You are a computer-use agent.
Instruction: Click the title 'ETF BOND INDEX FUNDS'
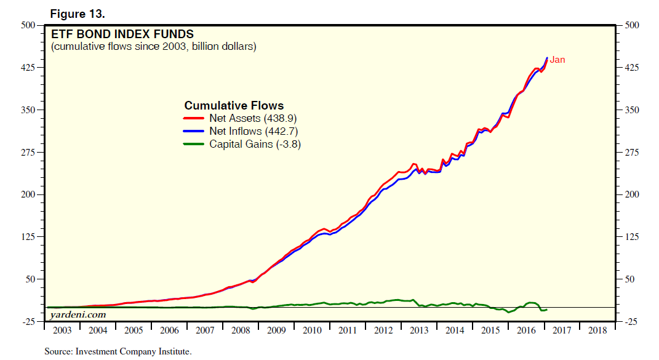point(122,34)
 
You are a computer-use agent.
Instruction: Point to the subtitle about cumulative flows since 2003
point(154,47)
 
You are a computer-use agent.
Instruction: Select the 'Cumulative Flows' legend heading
point(234,106)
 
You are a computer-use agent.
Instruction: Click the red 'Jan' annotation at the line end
point(557,60)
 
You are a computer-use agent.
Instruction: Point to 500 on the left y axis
point(30,25)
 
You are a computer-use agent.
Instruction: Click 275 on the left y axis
point(30,152)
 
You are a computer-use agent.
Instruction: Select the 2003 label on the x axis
point(63,330)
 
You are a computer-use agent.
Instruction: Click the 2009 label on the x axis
point(276,330)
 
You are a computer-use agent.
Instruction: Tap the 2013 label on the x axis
point(419,330)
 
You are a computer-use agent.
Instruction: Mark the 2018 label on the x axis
point(597,330)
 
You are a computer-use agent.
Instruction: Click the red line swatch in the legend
point(194,118)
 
